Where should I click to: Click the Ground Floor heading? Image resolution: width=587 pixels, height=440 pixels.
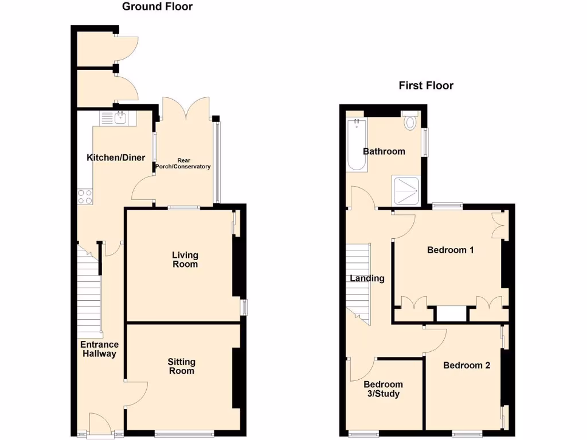(157, 7)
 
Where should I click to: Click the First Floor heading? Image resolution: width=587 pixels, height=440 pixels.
(426, 86)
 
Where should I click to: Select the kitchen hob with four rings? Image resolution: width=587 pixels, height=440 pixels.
(85, 197)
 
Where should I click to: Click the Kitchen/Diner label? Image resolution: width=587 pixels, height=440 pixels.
(116, 158)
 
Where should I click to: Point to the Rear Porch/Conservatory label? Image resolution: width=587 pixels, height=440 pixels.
(183, 163)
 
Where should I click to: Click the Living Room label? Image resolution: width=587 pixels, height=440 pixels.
(185, 260)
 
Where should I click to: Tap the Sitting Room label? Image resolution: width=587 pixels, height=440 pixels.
(181, 366)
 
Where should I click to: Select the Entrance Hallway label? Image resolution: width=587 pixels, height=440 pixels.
(99, 349)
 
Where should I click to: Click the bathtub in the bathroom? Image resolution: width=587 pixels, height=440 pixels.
(357, 146)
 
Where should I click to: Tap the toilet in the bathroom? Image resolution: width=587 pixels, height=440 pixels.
(410, 121)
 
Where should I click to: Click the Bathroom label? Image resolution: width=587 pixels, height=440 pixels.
(384, 151)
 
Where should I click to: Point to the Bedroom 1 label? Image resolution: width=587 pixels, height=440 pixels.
(451, 250)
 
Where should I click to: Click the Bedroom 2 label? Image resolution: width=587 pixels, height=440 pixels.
(467, 365)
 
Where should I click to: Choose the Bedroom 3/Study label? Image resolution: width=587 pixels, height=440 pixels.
(383, 389)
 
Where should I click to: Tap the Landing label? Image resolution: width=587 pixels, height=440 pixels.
(367, 278)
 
